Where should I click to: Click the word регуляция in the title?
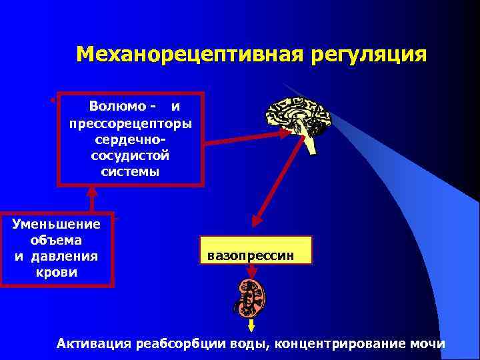366,53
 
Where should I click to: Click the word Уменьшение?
57,224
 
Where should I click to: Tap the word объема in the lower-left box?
57,240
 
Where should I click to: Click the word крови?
57,272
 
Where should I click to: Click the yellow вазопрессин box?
255,251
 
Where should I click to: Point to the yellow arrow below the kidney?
252,326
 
